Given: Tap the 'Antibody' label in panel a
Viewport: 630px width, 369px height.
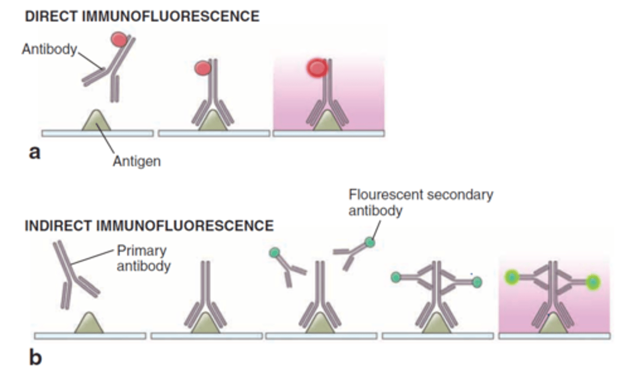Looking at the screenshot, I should click(x=49, y=49).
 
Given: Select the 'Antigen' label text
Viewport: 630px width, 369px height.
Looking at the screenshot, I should click(x=136, y=161).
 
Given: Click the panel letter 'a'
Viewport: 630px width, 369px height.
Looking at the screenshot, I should click(x=34, y=152).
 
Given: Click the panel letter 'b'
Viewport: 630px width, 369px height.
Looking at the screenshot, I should click(x=35, y=357).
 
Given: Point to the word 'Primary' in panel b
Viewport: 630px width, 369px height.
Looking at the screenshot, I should click(x=141, y=250).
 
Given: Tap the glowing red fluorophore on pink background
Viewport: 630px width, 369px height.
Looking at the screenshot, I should click(x=317, y=68).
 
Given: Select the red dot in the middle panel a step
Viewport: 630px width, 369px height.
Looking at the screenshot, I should click(x=202, y=68).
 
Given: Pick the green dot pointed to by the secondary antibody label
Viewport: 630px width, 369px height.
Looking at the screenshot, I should click(x=370, y=242).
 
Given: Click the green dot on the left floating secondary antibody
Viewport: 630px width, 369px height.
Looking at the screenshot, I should click(x=274, y=253).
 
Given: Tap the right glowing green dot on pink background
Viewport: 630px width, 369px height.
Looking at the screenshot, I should click(x=593, y=282).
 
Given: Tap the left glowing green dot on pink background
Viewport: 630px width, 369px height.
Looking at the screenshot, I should click(x=511, y=277).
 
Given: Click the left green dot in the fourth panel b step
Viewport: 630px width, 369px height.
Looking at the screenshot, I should click(x=395, y=277).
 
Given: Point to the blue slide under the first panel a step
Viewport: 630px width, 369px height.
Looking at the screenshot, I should click(x=97, y=133).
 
